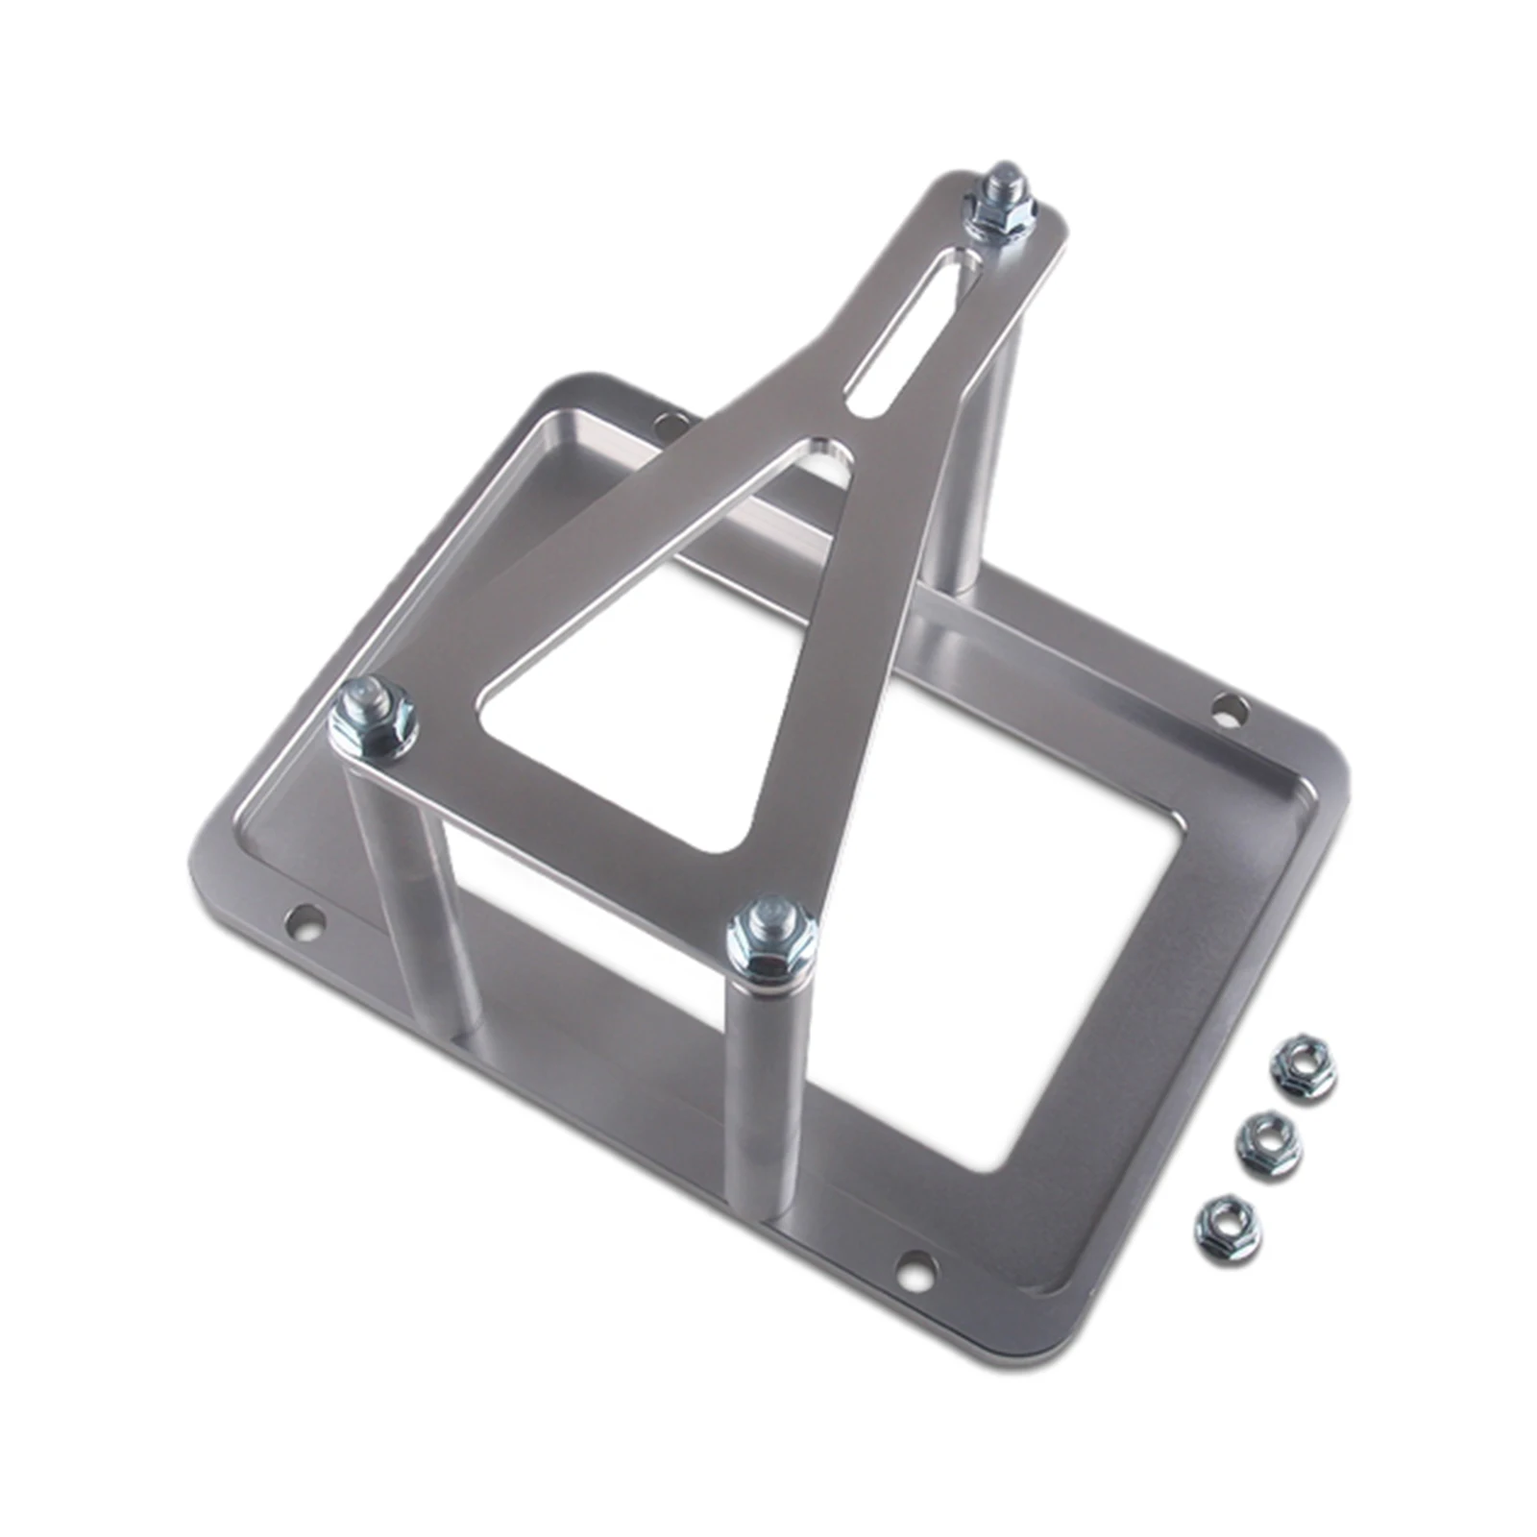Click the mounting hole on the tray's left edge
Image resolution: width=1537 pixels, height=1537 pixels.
coord(306,921)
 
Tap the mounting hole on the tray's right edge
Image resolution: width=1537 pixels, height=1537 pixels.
coord(1229,712)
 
